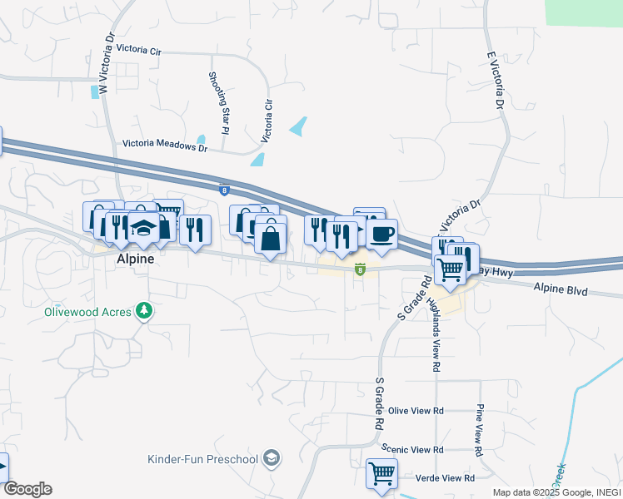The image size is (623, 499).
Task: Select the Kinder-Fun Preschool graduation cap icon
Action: tap(271, 458)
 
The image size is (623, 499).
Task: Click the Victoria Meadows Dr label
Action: tap(164, 145)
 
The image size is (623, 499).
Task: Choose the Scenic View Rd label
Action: tap(412, 449)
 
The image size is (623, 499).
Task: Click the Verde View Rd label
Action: tap(446, 478)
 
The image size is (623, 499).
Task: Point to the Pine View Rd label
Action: tap(480, 431)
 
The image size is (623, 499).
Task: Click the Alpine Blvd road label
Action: tap(560, 292)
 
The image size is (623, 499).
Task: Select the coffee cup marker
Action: tap(381, 234)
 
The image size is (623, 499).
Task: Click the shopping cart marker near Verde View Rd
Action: tap(381, 473)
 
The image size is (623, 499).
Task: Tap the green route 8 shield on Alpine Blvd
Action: tap(360, 269)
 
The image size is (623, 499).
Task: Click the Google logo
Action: tap(27, 489)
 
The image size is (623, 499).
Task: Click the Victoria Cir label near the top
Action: tap(138, 50)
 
